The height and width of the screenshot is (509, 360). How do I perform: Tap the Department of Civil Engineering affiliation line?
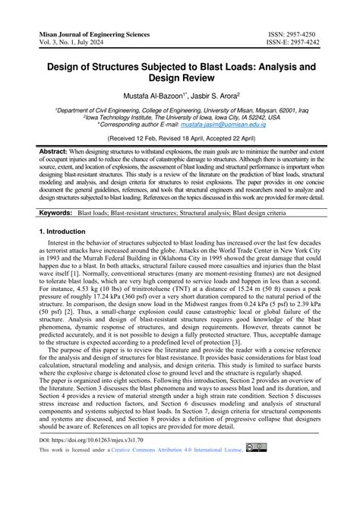(179, 110)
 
